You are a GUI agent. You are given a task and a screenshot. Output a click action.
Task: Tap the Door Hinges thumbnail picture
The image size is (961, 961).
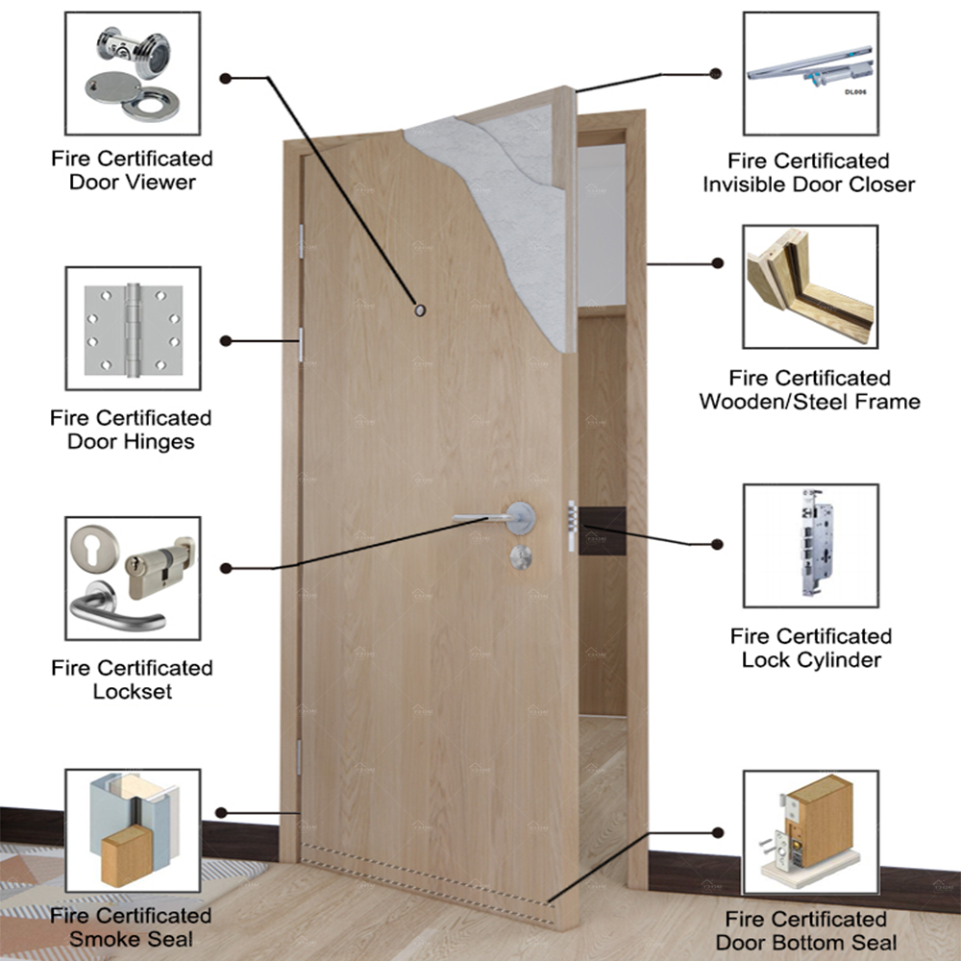[133, 328]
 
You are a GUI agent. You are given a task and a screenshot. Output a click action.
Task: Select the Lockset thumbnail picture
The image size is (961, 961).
[133, 578]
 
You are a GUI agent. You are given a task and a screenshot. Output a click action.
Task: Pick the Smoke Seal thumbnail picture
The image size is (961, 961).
[133, 832]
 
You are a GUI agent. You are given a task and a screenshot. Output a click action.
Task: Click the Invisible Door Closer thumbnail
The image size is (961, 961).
[810, 73]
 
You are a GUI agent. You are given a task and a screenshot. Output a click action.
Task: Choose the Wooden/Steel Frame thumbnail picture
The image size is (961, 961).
[810, 286]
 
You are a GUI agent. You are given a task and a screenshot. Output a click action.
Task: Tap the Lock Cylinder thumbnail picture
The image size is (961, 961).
[810, 545]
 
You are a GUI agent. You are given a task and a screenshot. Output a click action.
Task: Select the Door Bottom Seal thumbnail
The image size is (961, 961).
[810, 832]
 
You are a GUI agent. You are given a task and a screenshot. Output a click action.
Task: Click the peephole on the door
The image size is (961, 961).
[420, 309]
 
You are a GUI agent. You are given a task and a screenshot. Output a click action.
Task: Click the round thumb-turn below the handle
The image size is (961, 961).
[522, 555]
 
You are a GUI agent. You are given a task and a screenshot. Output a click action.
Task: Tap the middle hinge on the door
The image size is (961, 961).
[301, 344]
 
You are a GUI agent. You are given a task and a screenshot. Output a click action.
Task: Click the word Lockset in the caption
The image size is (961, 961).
[133, 691]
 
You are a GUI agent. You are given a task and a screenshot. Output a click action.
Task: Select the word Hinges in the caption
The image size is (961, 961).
[158, 442]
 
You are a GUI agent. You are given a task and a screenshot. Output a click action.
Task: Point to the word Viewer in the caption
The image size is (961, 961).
[160, 182]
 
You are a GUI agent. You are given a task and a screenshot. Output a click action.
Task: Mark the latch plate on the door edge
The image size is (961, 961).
[573, 527]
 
